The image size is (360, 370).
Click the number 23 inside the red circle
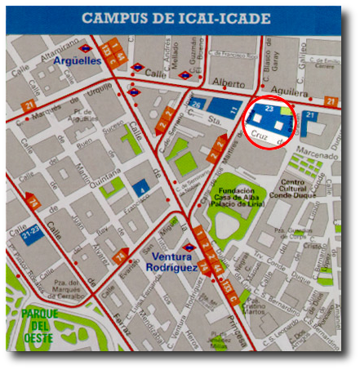click(x=270, y=108)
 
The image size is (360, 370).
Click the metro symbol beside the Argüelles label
click(x=85, y=48)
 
